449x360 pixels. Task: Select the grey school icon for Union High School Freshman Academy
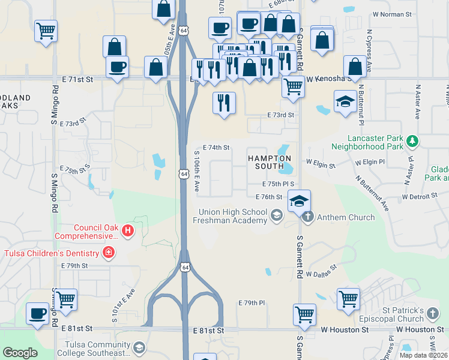click(277, 215)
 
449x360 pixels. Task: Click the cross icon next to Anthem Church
click(308, 217)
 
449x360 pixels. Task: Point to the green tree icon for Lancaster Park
click(412, 141)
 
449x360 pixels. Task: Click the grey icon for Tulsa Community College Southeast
click(139, 347)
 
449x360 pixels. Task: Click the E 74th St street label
click(217, 147)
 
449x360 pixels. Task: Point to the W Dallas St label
click(322, 274)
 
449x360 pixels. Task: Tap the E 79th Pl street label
click(252, 303)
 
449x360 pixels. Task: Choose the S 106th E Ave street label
click(196, 170)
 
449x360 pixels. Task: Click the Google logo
click(20, 353)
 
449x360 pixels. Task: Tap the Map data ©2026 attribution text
click(423, 355)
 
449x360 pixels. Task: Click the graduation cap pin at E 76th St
click(299, 201)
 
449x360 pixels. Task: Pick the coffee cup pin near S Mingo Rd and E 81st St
click(38, 313)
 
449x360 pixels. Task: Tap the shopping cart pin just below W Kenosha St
click(292, 86)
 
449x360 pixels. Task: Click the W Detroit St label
click(421, 197)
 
